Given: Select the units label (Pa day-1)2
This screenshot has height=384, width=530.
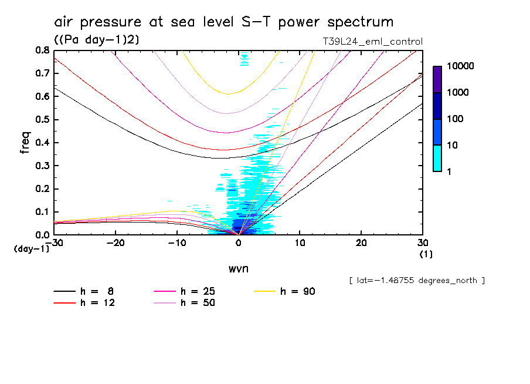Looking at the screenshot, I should coord(96,39).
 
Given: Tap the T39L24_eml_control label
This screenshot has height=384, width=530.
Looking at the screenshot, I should coord(368,41).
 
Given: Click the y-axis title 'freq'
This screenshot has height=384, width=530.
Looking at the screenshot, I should coord(25,143).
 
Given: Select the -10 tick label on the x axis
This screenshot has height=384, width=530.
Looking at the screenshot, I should coord(176,242).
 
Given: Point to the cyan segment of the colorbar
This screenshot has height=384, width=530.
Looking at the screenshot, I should coord(437,159).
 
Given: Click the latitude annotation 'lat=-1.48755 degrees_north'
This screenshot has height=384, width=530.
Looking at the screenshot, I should coord(416,280).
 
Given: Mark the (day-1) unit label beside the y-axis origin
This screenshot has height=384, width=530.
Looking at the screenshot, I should coord(31,249).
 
